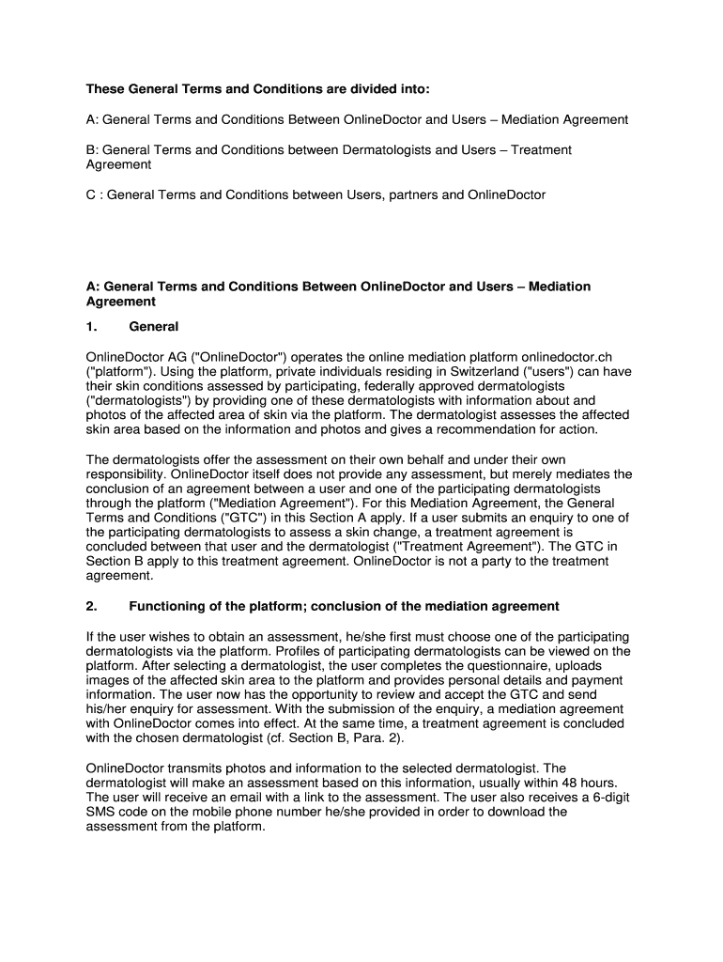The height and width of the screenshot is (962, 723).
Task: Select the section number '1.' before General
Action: [91, 327]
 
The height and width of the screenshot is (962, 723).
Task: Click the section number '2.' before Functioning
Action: [91, 606]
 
